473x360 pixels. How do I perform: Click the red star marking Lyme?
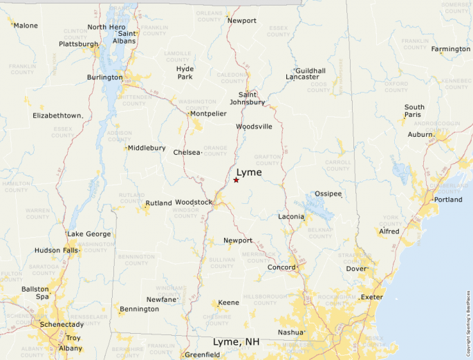236,180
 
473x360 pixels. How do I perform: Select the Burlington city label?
104,77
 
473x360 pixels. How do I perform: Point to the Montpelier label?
208,113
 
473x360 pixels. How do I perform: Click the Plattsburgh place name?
78,44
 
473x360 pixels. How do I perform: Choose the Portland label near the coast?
447,200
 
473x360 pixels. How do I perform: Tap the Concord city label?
281,267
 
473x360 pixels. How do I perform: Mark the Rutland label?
158,203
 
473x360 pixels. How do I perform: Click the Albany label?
71,348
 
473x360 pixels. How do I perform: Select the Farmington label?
450,49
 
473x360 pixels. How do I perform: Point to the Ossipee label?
328,193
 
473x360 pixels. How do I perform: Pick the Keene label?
228,303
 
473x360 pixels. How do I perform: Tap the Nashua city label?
290,332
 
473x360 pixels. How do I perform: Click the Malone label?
26,26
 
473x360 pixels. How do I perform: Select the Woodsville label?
254,126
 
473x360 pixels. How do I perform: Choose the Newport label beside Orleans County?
242,21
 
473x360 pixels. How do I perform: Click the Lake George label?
89,234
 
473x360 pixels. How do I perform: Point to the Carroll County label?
337,166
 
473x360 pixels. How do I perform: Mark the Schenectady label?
61,324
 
